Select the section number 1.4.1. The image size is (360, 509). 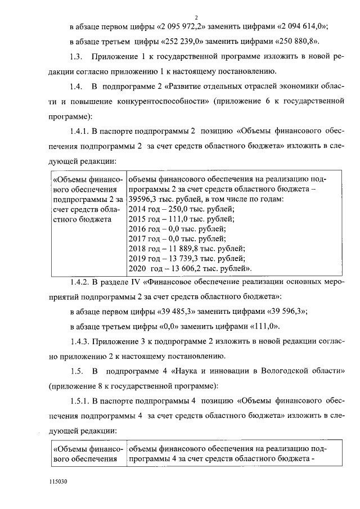(x=80, y=131)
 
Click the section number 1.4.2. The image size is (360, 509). (x=80, y=281)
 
